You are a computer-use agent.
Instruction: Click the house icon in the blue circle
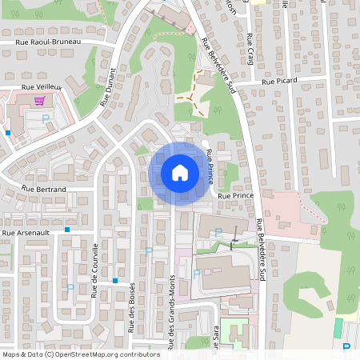179,173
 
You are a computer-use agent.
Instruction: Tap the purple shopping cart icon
39,101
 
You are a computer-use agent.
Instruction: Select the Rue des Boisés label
131,307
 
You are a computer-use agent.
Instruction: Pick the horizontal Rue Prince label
235,195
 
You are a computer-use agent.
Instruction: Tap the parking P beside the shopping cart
46,118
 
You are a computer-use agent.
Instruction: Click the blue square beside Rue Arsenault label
68,230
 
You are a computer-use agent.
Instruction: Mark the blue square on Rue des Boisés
116,281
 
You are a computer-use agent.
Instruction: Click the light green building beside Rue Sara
233,330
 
